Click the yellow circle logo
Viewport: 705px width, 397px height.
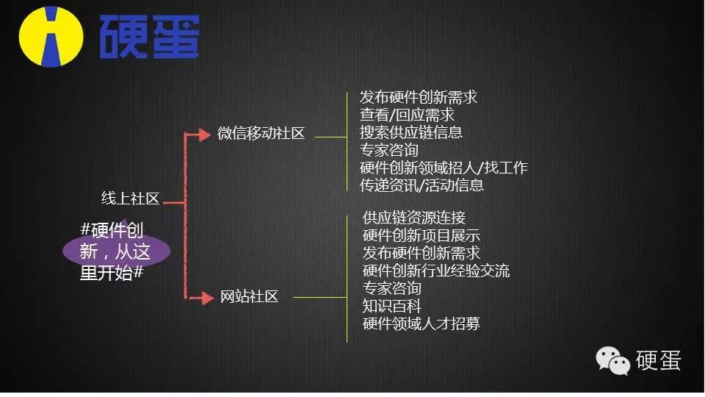pyautogui.click(x=51, y=36)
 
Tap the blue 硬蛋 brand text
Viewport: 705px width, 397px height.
pyautogui.click(x=148, y=36)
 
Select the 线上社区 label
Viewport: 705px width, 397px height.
pyautogui.click(x=130, y=198)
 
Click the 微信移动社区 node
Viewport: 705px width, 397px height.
pyautogui.click(x=261, y=134)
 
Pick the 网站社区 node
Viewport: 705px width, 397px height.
pyautogui.click(x=250, y=297)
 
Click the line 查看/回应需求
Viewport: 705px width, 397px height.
pyautogui.click(x=407, y=115)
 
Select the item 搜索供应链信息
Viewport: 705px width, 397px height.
pyautogui.click(x=411, y=132)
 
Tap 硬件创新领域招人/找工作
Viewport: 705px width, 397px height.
pyautogui.click(x=444, y=168)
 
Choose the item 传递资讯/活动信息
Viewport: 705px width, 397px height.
pyautogui.click(x=422, y=185)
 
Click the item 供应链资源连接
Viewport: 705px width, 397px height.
pyautogui.click(x=414, y=218)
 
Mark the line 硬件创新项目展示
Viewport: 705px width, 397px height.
pyautogui.click(x=422, y=235)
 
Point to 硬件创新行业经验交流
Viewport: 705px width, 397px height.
pyautogui.click(x=436, y=271)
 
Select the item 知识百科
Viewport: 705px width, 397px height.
pyautogui.click(x=392, y=306)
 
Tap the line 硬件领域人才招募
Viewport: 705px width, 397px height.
pyautogui.click(x=422, y=323)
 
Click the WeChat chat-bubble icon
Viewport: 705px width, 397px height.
pyautogui.click(x=612, y=360)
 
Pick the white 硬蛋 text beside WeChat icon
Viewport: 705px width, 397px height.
pyautogui.click(x=658, y=360)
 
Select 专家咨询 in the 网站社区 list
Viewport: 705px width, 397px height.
pyautogui.click(x=392, y=288)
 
